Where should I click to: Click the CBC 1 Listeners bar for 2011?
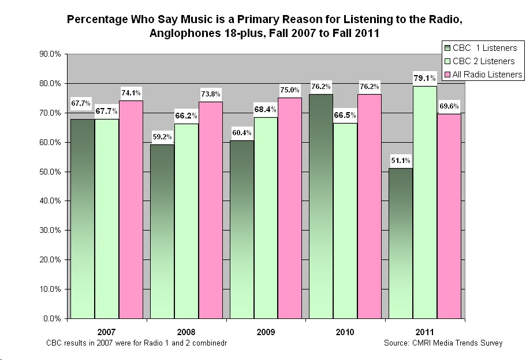[x=400, y=243]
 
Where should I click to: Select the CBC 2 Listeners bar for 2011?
[x=424, y=202]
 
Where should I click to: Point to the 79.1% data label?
[x=424, y=78]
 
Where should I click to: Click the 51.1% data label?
[x=400, y=160]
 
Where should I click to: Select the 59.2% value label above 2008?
[x=162, y=136]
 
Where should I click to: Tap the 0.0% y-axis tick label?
[x=53, y=318]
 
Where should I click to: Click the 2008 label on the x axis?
[x=186, y=332]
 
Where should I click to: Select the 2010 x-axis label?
[x=345, y=332]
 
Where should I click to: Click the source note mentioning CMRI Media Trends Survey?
[x=443, y=343]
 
